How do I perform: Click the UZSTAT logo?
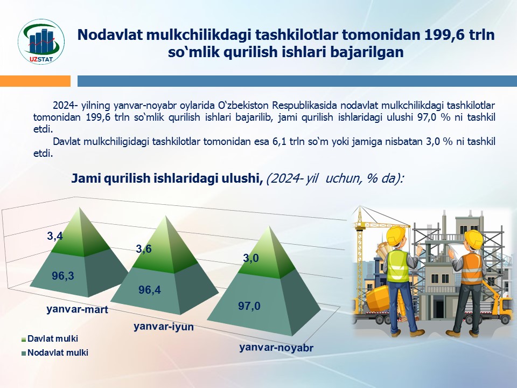[41, 41]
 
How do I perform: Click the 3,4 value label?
[54, 236]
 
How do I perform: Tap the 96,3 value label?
[62, 275]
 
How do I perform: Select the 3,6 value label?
[143, 249]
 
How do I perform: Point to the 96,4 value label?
[149, 290]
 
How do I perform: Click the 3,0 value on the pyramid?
[250, 258]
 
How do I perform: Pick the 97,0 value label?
[249, 306]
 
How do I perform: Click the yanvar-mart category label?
[77, 309]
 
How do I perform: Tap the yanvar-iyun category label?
[164, 327]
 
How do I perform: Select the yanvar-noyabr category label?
[276, 348]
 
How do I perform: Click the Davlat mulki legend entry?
[50, 338]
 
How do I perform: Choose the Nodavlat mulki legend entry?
[55, 352]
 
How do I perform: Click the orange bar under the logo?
[36, 81]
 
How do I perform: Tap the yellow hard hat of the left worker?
[396, 235]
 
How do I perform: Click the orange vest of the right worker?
[471, 268]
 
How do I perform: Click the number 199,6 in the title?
[442, 34]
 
